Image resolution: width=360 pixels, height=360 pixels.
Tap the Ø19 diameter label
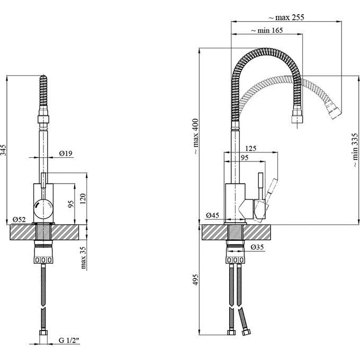[66, 153]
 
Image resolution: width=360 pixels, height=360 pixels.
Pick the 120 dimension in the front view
[83, 199]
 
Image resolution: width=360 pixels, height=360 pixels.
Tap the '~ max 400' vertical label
[196, 135]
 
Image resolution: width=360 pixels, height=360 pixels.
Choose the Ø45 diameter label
[213, 215]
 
